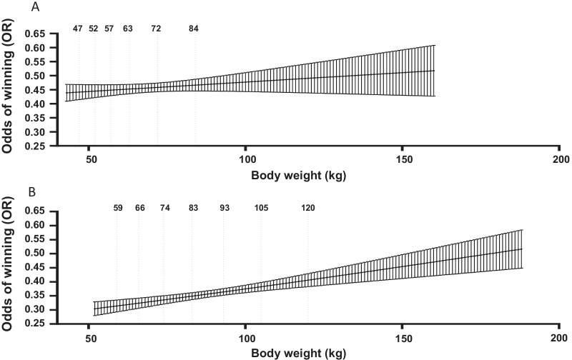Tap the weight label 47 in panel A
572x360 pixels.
(x=78, y=29)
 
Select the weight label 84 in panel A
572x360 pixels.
(x=193, y=29)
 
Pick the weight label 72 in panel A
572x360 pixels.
(x=156, y=29)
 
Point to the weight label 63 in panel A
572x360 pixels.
(x=128, y=29)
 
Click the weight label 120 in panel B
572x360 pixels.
(x=308, y=208)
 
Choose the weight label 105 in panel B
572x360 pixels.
(x=261, y=208)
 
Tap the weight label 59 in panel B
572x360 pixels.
(x=118, y=208)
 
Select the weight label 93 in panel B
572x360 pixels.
(x=225, y=208)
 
